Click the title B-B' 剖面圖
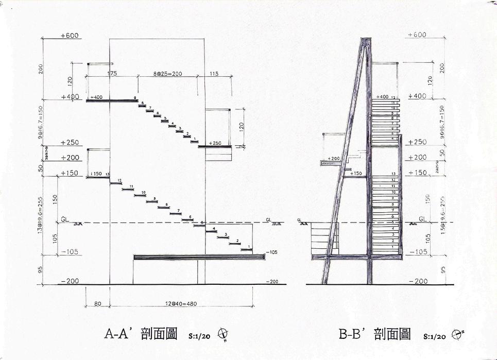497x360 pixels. click(x=374, y=334)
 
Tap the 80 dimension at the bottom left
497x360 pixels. click(x=97, y=304)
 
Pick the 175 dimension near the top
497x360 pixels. click(x=112, y=74)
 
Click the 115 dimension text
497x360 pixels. click(x=214, y=74)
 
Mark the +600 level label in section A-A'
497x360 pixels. click(x=69, y=36)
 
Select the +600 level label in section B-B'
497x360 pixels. click(x=417, y=35)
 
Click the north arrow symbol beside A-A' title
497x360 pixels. click(x=224, y=335)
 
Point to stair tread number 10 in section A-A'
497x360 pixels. click(x=144, y=192)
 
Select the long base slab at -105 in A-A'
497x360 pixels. click(x=199, y=256)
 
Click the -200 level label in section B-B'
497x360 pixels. click(x=417, y=281)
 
